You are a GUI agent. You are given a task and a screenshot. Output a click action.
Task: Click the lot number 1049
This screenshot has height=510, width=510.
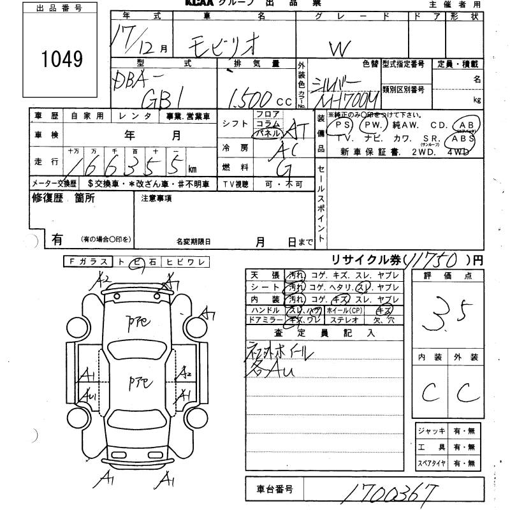[x=62, y=59]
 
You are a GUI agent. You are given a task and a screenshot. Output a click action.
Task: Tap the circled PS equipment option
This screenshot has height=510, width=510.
[x=344, y=124]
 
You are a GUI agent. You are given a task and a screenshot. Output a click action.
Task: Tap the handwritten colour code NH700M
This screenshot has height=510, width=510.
[x=351, y=99]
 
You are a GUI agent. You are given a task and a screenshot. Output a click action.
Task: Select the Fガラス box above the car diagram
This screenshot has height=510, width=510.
[x=87, y=262]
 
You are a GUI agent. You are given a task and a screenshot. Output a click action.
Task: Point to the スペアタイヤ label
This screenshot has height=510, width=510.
[x=430, y=463]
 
